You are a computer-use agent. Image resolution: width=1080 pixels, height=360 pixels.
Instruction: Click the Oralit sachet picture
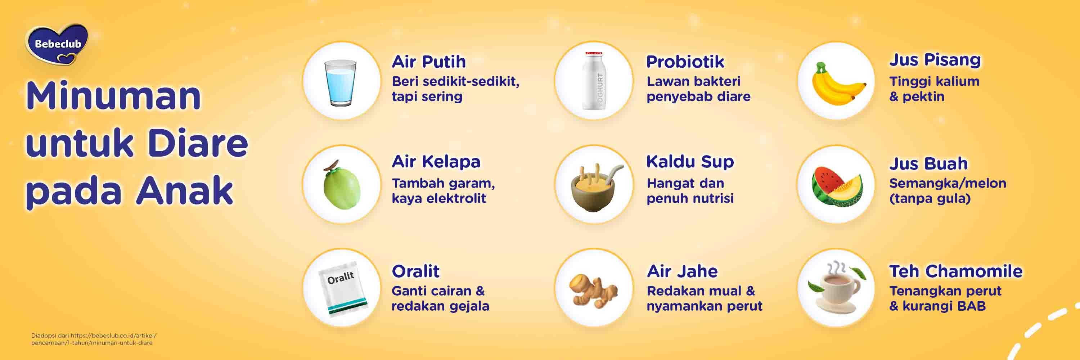pyautogui.click(x=342, y=288)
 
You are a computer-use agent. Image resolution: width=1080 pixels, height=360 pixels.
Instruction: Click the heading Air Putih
pyautogui.click(x=428, y=62)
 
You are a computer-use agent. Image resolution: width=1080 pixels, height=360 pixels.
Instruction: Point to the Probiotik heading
pyautogui.click(x=685, y=62)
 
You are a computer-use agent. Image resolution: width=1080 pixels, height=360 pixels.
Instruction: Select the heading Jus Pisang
pyautogui.click(x=935, y=60)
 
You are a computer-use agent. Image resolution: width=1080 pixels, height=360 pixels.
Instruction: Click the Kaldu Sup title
pyautogui.click(x=690, y=161)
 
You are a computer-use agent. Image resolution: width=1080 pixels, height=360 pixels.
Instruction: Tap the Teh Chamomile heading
pyautogui.click(x=955, y=271)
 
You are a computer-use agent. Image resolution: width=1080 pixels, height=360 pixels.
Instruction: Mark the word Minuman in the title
pyautogui.click(x=113, y=96)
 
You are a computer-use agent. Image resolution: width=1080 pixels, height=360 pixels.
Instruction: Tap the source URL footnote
pyautogui.click(x=94, y=339)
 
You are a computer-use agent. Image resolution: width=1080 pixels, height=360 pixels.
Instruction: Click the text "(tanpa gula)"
pyautogui.click(x=930, y=198)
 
